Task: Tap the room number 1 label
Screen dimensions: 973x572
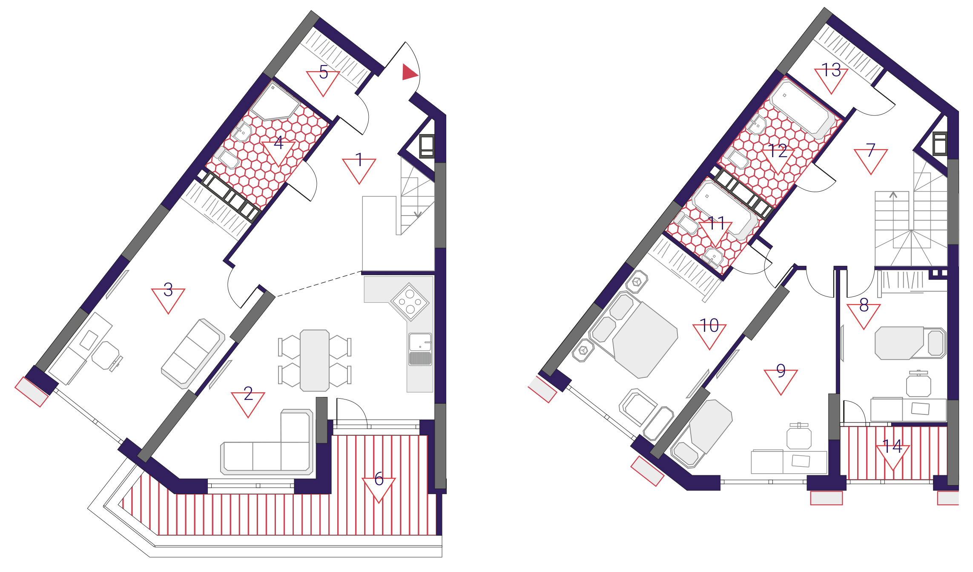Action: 359,160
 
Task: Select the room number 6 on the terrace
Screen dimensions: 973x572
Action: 379,479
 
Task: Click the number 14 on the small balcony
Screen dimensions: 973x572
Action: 892,446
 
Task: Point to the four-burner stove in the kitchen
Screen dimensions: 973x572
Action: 410,302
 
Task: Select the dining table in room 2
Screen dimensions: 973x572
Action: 315,360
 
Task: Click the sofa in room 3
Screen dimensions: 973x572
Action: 193,354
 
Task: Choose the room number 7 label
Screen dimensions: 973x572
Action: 871,150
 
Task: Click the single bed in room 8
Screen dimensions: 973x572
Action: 910,343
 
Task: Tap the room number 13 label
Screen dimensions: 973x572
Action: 831,70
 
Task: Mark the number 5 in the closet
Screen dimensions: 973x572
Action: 324,72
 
